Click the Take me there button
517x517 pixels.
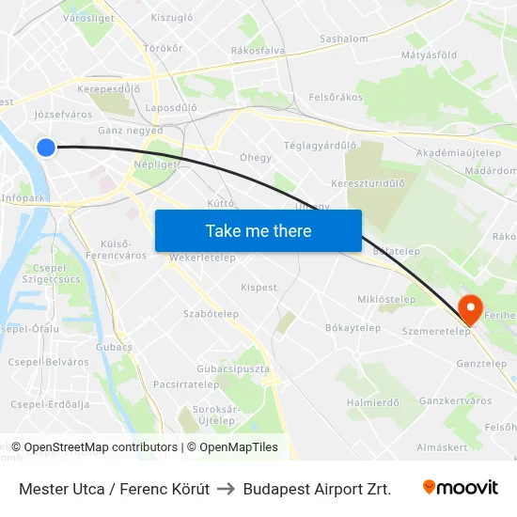[x=258, y=230]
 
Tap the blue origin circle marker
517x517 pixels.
[x=46, y=147]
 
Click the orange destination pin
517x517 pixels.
[x=468, y=307]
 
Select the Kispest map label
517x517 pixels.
[x=258, y=287]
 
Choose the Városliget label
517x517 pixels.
[x=61, y=17]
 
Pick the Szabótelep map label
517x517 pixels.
[x=211, y=314]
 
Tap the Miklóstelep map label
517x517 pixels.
[x=386, y=300]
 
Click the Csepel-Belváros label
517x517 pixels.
[x=48, y=362]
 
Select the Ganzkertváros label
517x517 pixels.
[x=455, y=400]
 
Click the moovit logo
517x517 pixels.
[x=461, y=488]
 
